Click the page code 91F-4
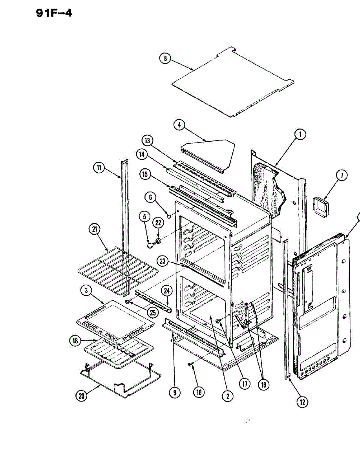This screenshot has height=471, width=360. [54, 13]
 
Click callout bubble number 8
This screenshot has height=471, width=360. [165, 58]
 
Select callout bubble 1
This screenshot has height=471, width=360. [300, 135]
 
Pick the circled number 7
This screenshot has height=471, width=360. [342, 175]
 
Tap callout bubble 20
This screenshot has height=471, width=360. [82, 396]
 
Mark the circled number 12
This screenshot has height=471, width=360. [302, 402]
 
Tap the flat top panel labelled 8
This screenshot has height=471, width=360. [232, 82]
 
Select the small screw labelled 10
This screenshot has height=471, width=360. [190, 365]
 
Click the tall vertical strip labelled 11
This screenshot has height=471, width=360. [125, 228]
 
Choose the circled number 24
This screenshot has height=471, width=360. [167, 290]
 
